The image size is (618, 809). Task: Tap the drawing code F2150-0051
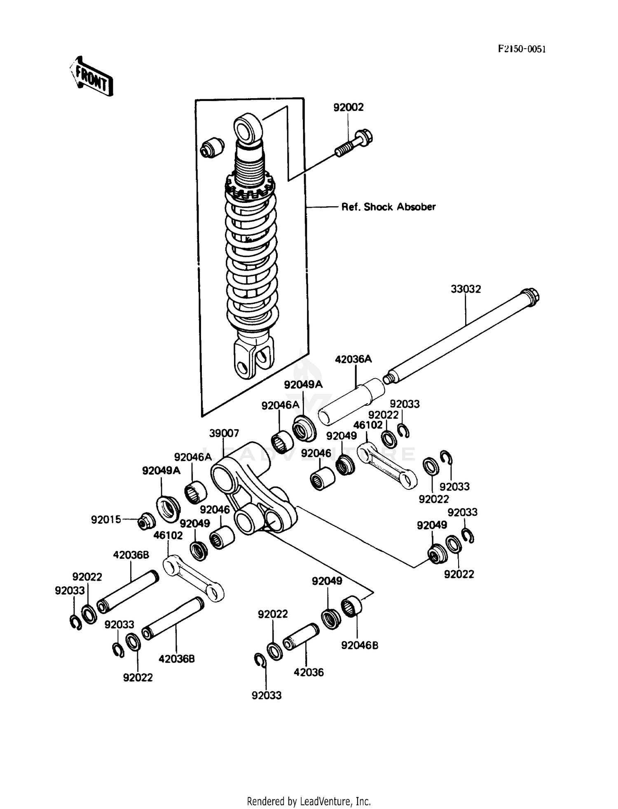[522, 49]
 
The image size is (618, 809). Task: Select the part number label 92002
[348, 107]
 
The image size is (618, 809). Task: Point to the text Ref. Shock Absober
[388, 207]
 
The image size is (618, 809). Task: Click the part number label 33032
[466, 289]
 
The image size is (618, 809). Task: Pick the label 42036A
[353, 359]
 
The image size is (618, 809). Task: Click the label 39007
[224, 433]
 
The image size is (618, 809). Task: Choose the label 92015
[106, 520]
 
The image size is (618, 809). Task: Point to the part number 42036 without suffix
[309, 673]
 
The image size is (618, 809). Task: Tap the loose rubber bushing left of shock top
[212, 147]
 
